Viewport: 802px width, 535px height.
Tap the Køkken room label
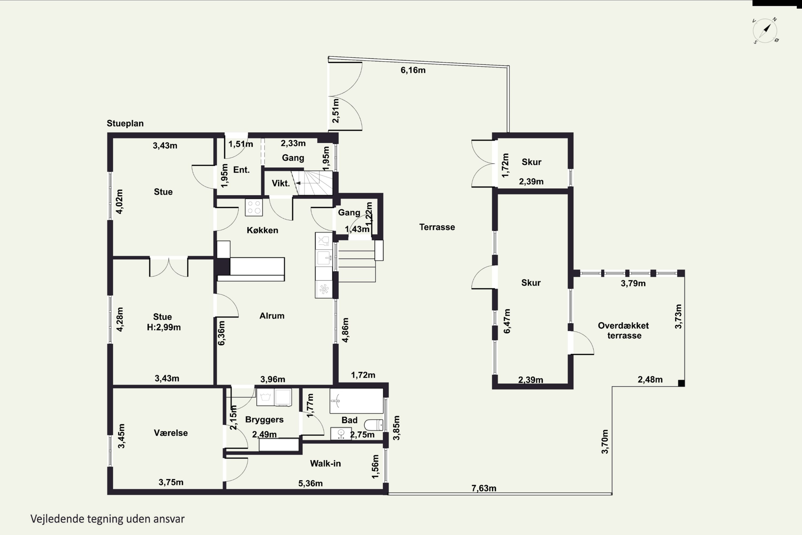pyautogui.click(x=262, y=230)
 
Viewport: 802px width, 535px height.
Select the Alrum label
pyautogui.click(x=272, y=316)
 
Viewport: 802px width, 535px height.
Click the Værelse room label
pyautogui.click(x=171, y=433)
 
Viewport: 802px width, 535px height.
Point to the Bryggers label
pyautogui.click(x=264, y=420)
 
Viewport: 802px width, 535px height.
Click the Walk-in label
pyautogui.click(x=325, y=463)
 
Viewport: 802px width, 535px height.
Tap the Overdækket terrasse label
pyautogui.click(x=624, y=330)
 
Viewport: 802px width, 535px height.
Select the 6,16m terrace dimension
pyautogui.click(x=413, y=70)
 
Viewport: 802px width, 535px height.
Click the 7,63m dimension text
pyautogui.click(x=484, y=488)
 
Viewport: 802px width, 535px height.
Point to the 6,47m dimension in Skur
pyautogui.click(x=507, y=321)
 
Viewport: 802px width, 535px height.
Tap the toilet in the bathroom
pyautogui.click(x=373, y=425)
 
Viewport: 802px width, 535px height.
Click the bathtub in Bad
pyautogui.click(x=356, y=401)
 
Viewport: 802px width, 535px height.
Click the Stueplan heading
pyautogui.click(x=125, y=124)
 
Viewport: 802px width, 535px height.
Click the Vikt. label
pyautogui.click(x=281, y=184)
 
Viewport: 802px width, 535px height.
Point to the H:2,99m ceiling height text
pyautogui.click(x=164, y=327)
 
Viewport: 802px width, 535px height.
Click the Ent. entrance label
pyautogui.click(x=241, y=170)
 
